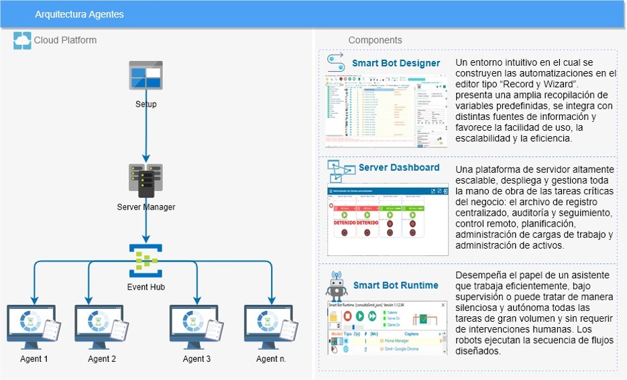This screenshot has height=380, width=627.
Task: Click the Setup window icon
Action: (146, 75)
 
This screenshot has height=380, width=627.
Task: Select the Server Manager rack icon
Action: (146, 180)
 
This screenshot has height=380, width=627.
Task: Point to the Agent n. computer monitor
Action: (266, 324)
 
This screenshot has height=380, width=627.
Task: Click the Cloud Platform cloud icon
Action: (22, 40)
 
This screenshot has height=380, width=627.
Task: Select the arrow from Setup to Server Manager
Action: (146, 134)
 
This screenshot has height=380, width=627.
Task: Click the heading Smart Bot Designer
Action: (396, 64)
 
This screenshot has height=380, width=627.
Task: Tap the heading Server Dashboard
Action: (399, 168)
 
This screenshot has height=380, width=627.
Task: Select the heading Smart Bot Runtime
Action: (396, 285)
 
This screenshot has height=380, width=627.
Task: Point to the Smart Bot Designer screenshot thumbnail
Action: (386, 111)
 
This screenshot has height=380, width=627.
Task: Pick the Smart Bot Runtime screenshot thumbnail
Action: (386, 328)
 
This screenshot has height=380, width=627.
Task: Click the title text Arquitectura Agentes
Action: (79, 14)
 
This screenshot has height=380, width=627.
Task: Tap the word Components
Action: (375, 40)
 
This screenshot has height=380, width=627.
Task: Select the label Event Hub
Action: (146, 287)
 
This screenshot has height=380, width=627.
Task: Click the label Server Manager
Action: (146, 207)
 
